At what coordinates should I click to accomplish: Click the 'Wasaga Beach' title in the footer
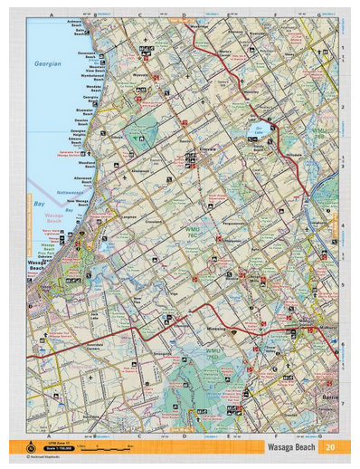290,447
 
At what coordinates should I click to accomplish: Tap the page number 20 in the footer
331,447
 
